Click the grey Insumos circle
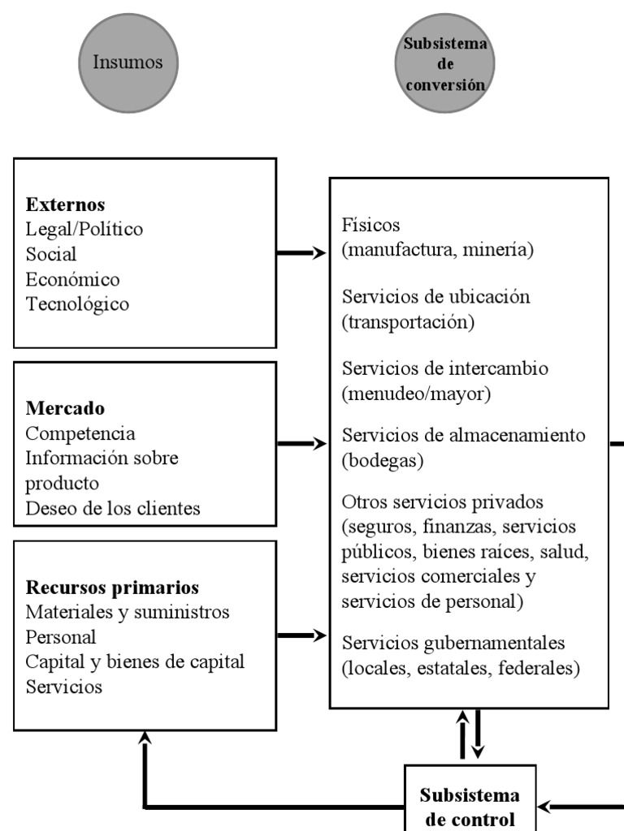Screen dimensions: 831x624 128,62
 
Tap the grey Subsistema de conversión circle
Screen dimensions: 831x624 445,62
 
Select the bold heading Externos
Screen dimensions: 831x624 65,205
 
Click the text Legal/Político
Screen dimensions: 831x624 84,230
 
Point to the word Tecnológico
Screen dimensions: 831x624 77,305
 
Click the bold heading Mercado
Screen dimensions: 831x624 65,408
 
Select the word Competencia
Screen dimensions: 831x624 80,433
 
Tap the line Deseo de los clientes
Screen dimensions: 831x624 113,509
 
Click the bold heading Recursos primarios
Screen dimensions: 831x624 112,587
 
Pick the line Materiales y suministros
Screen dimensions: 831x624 128,612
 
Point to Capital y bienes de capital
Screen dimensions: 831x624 135,662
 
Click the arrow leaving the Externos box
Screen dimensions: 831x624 301,253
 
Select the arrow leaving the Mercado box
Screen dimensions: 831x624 301,444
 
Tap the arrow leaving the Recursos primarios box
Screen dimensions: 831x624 301,635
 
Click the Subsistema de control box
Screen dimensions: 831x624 471,804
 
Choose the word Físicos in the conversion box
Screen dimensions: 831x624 371,225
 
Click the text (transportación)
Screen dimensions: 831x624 408,322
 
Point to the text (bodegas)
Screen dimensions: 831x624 383,460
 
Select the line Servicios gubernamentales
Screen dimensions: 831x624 453,644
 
